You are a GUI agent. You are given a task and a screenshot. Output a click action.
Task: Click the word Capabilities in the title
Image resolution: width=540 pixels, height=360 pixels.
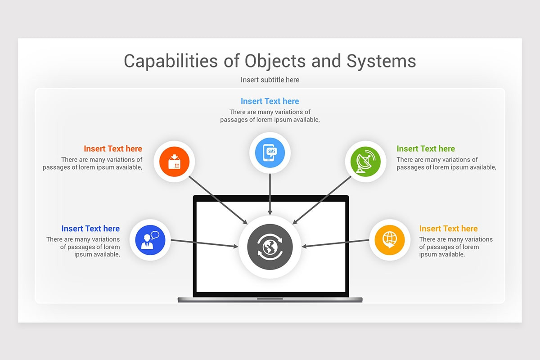171,61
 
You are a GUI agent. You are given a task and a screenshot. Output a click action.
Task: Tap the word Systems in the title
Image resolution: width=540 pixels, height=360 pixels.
381,61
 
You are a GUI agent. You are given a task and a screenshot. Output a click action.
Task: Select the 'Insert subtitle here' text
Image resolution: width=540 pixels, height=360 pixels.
270,80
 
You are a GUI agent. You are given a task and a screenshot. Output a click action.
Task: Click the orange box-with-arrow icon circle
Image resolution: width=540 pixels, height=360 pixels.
174,162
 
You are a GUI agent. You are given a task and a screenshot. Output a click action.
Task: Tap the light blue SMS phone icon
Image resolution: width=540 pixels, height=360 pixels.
270,153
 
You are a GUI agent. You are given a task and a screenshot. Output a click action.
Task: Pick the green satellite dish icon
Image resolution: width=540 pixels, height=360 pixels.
365,162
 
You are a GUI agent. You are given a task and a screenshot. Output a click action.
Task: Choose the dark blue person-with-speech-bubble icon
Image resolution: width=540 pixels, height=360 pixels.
150,240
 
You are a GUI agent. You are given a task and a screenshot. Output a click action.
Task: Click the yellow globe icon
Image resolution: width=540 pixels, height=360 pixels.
390,240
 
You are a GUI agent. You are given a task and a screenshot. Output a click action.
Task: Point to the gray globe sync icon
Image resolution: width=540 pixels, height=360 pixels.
270,247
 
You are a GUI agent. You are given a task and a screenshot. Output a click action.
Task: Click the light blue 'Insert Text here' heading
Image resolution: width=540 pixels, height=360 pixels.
270,101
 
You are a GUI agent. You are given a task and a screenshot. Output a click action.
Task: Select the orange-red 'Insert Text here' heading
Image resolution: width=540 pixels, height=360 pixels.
113,149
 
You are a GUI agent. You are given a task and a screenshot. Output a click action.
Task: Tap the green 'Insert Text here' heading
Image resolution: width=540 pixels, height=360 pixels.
426,149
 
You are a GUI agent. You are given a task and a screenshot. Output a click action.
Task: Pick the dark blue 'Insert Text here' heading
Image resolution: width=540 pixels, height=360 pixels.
90,229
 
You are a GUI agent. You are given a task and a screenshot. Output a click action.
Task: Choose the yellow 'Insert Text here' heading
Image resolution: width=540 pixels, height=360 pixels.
448,229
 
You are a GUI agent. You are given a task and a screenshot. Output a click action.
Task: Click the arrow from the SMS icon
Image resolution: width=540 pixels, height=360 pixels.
270,194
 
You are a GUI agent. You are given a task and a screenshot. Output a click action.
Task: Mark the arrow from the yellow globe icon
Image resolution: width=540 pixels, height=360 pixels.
335,243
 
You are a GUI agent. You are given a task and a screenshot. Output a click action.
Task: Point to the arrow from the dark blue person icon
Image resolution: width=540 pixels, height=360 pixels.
204,243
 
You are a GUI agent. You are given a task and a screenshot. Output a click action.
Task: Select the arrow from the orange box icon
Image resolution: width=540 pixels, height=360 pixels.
218,200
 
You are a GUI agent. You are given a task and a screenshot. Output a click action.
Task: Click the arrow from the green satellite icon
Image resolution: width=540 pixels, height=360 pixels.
322,200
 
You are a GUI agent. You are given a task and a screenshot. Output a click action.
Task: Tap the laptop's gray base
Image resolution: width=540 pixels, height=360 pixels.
270,300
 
